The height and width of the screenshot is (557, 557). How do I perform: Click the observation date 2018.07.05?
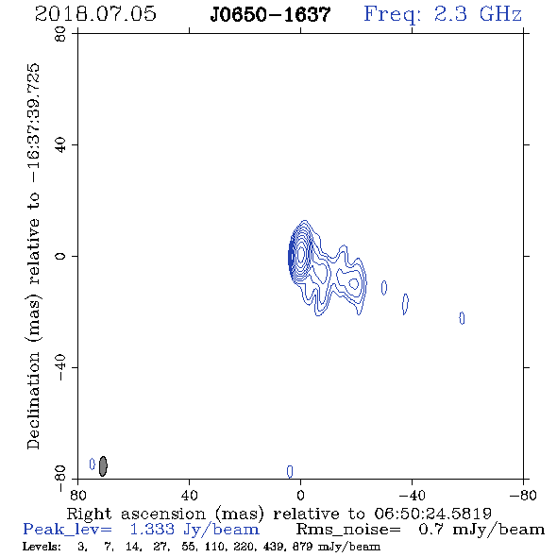[95, 14]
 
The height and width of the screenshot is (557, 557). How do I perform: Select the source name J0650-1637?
[270, 15]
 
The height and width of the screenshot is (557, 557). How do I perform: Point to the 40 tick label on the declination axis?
[60, 145]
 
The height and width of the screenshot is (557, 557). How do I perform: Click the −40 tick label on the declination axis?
[60, 367]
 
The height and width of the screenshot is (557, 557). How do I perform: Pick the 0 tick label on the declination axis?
[60, 256]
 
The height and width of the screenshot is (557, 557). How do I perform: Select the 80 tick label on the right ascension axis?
[77, 496]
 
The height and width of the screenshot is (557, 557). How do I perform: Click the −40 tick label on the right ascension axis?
[412, 496]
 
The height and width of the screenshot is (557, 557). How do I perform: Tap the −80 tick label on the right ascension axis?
[523, 496]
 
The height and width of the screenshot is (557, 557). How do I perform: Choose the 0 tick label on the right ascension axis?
[300, 496]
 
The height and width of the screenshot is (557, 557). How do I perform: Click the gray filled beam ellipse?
[103, 466]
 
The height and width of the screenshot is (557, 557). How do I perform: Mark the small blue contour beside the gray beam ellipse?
[93, 464]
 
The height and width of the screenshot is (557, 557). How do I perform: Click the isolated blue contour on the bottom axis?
[290, 471]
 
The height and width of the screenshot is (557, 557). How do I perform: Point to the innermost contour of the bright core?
[301, 254]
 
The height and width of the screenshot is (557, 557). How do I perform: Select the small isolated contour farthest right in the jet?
[462, 318]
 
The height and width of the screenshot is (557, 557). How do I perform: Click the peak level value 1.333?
[152, 530]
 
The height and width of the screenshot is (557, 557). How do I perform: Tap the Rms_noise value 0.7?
[431, 530]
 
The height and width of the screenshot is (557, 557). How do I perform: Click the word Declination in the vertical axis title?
[33, 400]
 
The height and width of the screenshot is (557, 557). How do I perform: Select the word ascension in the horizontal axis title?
[163, 514]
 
